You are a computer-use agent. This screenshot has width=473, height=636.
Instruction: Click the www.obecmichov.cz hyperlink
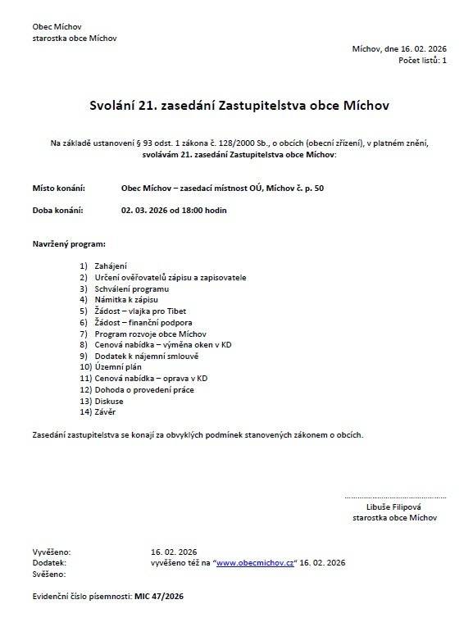click(256, 563)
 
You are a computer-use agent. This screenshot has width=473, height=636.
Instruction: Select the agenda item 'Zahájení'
click(111, 266)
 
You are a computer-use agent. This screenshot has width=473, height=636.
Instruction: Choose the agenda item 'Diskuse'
click(109, 402)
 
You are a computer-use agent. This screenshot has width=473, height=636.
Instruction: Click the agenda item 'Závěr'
click(107, 413)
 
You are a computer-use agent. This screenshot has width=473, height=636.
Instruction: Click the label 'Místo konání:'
click(58, 189)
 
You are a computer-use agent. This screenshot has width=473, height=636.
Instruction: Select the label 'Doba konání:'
click(58, 211)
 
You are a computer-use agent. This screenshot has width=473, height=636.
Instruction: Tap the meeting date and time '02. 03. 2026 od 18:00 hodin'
click(173, 211)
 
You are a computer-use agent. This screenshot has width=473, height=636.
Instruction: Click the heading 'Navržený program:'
click(70, 244)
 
